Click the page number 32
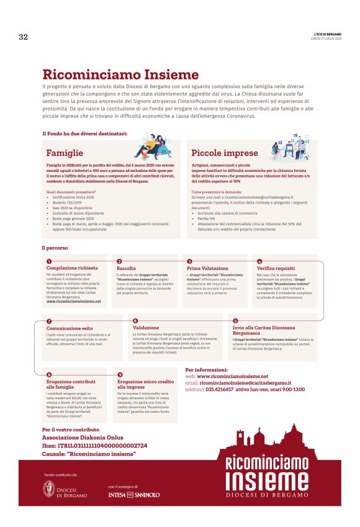point(23,37)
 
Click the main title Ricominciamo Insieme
point(111,74)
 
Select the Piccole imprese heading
point(224,153)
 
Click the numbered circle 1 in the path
point(48,261)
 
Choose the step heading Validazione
point(146,327)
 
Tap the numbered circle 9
point(120,374)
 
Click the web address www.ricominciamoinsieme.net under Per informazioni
point(232,376)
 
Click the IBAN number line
point(94,445)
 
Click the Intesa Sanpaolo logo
point(133,495)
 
